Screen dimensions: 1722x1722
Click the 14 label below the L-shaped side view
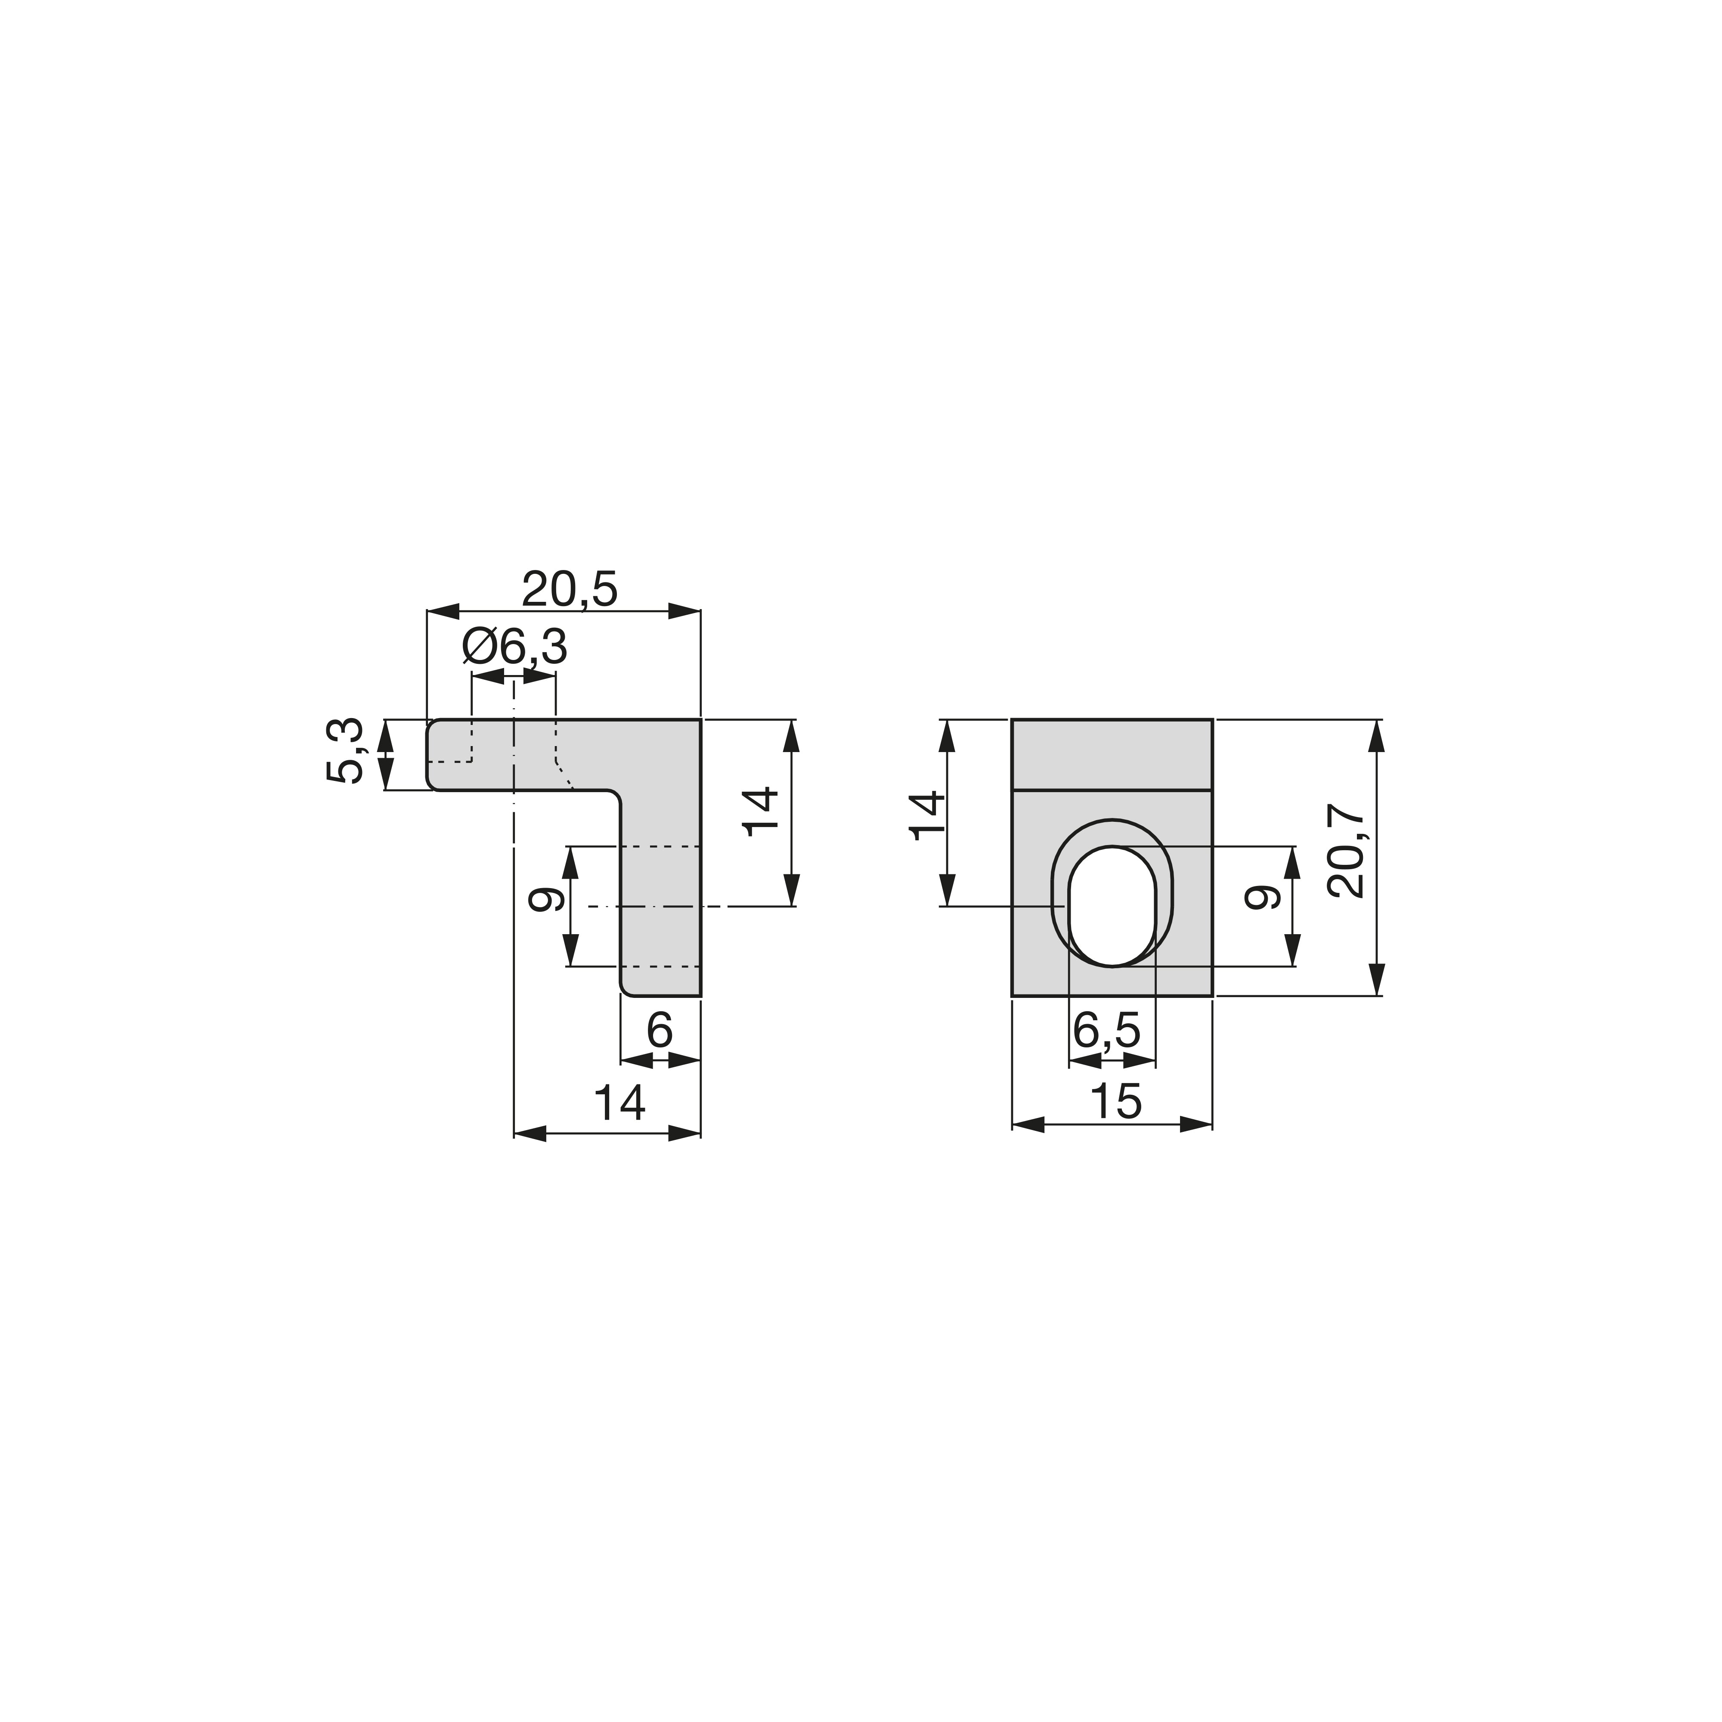pos(619,1103)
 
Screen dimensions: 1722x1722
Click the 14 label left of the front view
pos(927,815)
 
